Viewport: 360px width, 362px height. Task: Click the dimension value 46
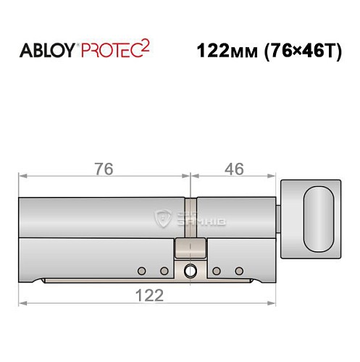click(x=233, y=168)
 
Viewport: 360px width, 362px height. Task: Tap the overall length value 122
click(x=147, y=295)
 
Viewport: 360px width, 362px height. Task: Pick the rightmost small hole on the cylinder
click(x=238, y=271)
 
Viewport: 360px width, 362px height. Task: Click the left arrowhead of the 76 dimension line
click(x=22, y=175)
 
